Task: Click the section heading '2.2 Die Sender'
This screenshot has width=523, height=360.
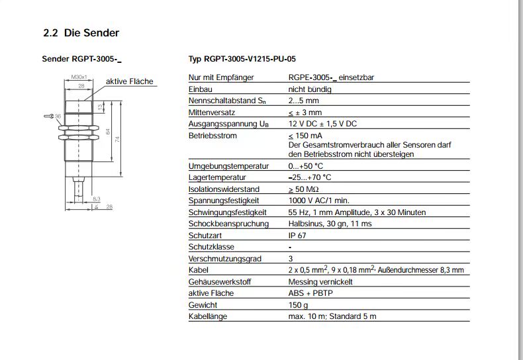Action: coord(81,32)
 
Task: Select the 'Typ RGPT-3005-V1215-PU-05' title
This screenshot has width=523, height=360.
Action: coord(242,59)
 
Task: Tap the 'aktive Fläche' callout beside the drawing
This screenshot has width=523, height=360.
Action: coord(129,81)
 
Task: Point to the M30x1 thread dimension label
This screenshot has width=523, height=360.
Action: coord(79,77)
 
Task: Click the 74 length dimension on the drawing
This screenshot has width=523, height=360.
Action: coord(117,139)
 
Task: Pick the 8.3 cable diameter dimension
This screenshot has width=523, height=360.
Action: coord(96,199)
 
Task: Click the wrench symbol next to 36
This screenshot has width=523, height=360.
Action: coord(49,116)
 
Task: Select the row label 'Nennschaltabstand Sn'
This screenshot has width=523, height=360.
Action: coord(227,101)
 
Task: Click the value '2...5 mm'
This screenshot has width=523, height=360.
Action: coord(303,101)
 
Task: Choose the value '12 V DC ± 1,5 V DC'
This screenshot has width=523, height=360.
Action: coord(322,124)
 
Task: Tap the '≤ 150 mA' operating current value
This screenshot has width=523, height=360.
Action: coord(305,136)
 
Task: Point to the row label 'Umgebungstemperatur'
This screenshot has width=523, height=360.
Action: coord(228,166)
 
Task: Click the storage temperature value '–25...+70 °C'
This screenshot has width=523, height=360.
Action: coord(310,177)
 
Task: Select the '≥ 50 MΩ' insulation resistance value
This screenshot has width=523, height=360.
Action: coord(303,189)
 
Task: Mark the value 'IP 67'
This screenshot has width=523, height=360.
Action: coord(297,236)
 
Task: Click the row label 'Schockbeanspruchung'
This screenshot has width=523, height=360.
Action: coord(228,224)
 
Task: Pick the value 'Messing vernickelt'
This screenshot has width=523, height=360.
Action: coord(320,282)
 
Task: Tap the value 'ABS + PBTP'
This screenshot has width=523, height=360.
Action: coord(310,293)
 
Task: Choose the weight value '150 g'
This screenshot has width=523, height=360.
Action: coord(298,305)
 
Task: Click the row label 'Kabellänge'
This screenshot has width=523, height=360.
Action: coord(208,316)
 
